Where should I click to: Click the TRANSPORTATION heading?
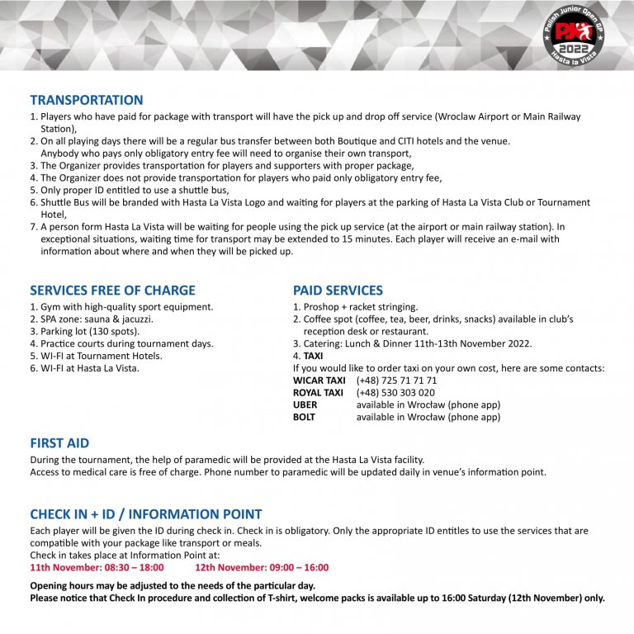coord(86,100)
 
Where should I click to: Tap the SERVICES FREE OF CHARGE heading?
coord(112,291)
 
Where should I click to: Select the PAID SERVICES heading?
coord(338,291)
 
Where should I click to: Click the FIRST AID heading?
coord(59,443)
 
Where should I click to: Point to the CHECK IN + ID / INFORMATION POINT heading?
coord(146,514)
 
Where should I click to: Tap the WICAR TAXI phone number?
coord(396,381)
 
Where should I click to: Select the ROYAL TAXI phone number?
coord(395,393)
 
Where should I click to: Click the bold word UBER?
coord(305,405)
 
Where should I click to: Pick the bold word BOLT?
coord(305,418)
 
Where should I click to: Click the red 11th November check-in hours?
coord(97,567)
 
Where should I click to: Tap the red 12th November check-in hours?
coord(262,567)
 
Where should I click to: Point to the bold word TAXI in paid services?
coord(313,356)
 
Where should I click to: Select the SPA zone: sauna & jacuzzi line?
coord(92,319)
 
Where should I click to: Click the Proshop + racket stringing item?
coord(355,306)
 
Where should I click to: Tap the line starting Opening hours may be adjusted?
coord(173,585)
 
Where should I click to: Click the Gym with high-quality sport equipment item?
coord(121,306)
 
